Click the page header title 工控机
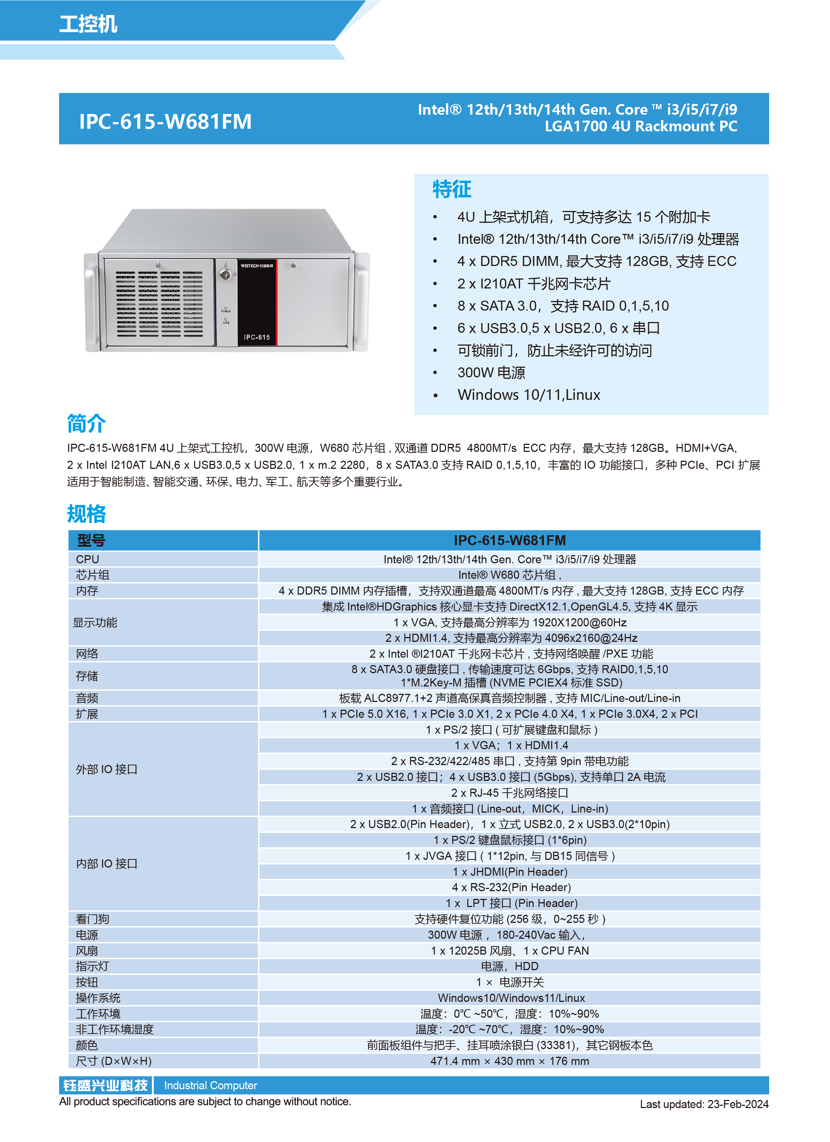coord(88,24)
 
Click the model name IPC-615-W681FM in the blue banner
coord(165,121)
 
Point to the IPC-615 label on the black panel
coord(257,337)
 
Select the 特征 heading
coord(451,189)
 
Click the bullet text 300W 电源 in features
coord(491,373)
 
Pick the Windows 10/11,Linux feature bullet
coord(528,395)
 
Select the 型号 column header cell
coord(91,540)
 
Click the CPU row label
coord(88,559)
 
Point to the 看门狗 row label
coord(92,919)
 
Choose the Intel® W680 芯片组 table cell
coord(509,575)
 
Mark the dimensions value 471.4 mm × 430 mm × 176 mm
coord(509,1061)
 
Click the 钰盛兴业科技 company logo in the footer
coord(106,1085)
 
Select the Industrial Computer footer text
coord(211,1086)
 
